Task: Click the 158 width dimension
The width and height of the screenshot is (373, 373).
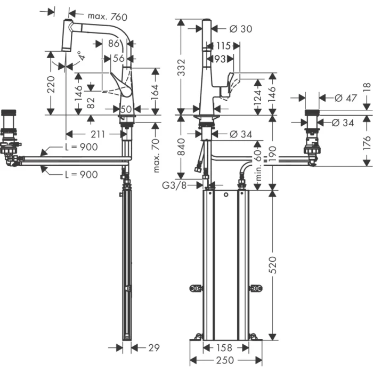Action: (x=223, y=348)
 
